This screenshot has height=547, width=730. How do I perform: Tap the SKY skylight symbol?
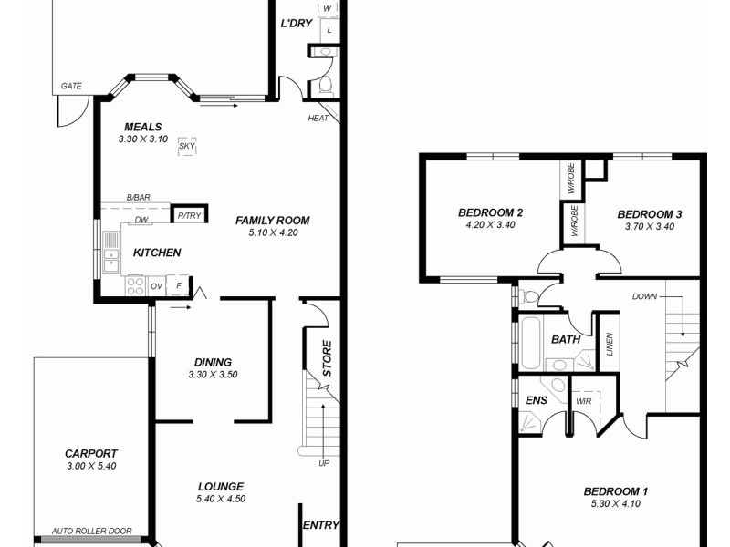point(187,146)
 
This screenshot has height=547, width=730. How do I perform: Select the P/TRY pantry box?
point(188,216)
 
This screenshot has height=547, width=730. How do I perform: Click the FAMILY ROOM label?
point(272,220)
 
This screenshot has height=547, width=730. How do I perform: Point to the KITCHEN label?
point(157,253)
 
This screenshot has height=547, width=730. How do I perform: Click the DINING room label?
point(213,362)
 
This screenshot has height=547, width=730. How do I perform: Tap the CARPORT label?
point(91,453)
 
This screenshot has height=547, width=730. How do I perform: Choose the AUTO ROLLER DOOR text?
point(91,532)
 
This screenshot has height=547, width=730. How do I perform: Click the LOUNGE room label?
point(219,486)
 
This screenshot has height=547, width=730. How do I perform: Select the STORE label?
point(326,358)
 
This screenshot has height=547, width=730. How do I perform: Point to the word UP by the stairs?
point(323,464)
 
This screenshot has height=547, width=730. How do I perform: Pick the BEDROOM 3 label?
point(650,215)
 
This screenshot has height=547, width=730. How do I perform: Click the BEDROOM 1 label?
point(616,491)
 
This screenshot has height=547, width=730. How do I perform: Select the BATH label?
point(566,340)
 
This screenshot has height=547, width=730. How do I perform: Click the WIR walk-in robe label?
point(582,401)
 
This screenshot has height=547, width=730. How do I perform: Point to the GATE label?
point(71,86)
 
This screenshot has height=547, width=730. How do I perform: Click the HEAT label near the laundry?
point(318,119)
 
